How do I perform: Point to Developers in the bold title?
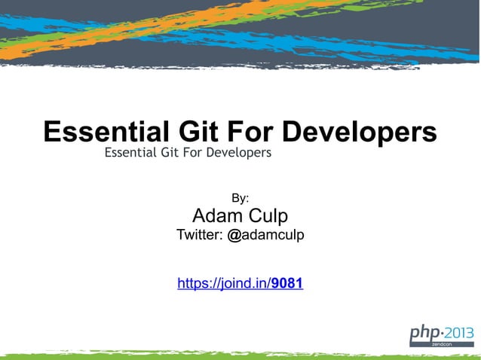tap(359, 132)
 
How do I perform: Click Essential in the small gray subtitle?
tap(131, 153)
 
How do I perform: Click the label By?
tap(240, 198)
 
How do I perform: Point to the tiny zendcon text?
tap(443, 343)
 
